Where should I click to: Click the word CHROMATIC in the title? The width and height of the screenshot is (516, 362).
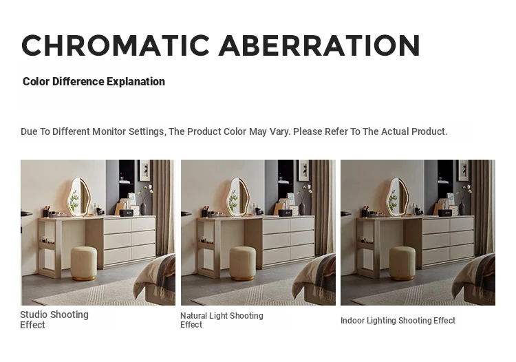[116, 45]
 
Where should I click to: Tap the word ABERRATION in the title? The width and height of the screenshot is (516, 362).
[319, 45]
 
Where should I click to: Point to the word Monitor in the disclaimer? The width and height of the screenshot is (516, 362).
[109, 131]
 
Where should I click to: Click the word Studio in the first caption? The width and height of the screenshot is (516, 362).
[33, 315]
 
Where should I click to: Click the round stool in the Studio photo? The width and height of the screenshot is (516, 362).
[84, 264]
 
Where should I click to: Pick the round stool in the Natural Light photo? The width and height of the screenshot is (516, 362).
[243, 264]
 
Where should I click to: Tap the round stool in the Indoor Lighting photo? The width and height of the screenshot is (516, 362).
[402, 264]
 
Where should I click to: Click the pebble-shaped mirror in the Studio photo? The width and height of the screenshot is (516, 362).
[78, 197]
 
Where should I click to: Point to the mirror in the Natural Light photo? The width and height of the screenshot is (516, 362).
[237, 197]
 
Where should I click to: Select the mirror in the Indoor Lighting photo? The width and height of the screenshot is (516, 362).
[397, 197]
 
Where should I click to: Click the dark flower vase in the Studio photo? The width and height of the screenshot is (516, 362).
[144, 209]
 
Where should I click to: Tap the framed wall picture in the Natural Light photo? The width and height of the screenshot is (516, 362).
[303, 170]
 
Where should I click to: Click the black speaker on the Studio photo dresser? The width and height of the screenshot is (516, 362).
[127, 213]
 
